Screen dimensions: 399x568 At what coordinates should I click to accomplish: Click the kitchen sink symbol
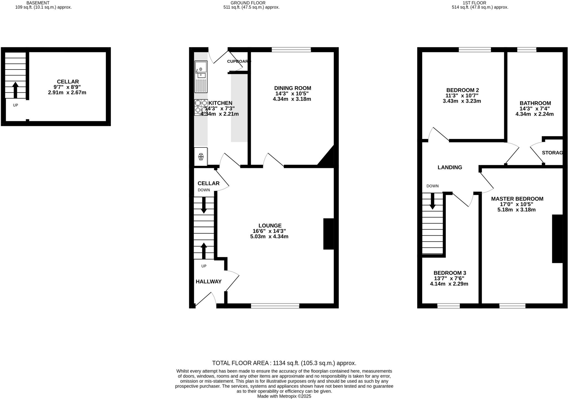201,77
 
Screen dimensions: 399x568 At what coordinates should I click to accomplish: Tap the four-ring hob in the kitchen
201,107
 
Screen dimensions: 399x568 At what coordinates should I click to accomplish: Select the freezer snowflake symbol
201,157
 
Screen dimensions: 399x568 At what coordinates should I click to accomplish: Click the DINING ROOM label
292,88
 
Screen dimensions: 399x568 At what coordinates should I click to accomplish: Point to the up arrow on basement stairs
16,90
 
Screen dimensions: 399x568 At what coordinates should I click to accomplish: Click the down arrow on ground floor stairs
204,205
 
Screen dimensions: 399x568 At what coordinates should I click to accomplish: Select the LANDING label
450,167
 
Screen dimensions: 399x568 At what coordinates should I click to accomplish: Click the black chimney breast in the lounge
329,234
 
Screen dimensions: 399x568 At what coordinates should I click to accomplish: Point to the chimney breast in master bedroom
557,239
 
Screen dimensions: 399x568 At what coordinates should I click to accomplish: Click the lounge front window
275,306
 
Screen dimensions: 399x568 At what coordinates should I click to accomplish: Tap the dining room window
291,50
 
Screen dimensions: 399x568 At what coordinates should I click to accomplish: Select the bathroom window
526,50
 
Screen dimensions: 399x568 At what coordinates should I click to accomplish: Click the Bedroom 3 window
448,306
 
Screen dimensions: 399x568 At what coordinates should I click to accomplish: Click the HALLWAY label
209,282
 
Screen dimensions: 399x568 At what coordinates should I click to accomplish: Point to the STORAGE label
552,153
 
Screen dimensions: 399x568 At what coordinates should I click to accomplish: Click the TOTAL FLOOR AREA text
284,363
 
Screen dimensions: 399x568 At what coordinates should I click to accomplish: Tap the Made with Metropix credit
284,396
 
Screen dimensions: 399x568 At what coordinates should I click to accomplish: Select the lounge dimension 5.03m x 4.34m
269,236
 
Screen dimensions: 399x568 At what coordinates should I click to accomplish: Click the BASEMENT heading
38,3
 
